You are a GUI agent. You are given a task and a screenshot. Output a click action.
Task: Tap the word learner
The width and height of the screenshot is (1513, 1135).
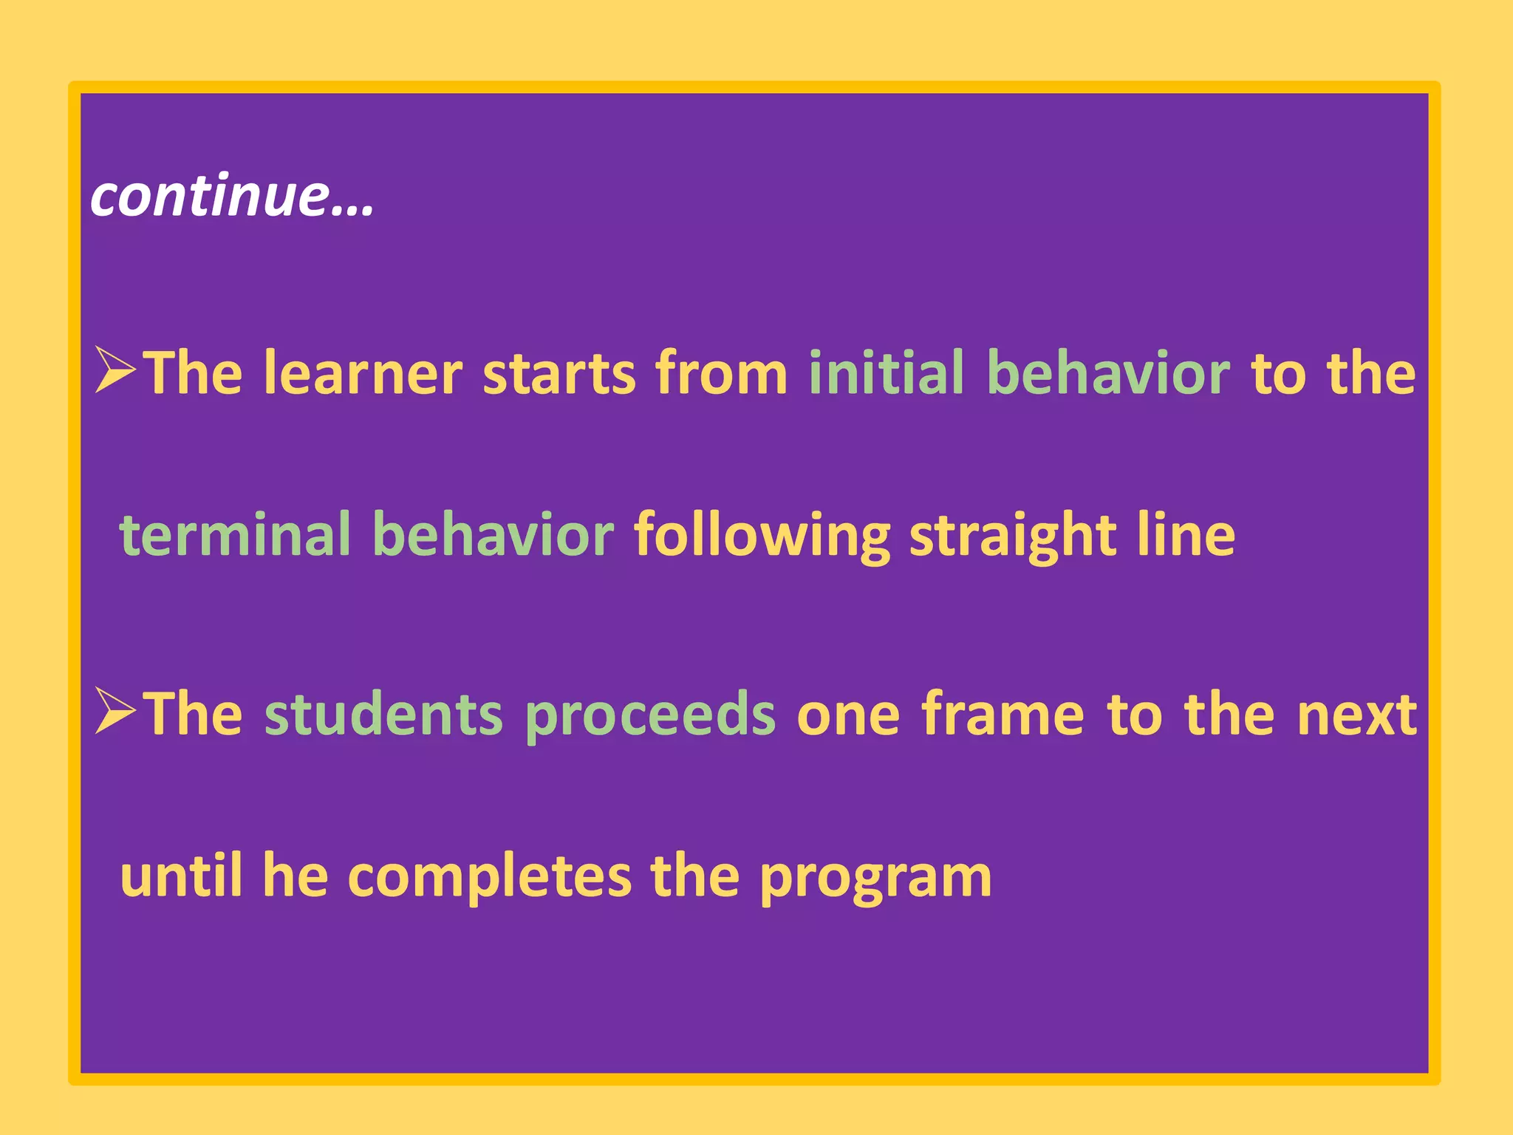tap(363, 373)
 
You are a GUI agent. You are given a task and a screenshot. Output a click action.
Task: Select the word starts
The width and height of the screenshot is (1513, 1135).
tap(559, 373)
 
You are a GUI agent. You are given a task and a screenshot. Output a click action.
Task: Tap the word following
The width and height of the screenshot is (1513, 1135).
tap(762, 535)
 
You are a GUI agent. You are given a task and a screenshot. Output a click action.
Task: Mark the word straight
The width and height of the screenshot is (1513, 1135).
tap(1012, 535)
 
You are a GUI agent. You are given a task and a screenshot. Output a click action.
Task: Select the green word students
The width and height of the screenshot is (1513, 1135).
tap(383, 714)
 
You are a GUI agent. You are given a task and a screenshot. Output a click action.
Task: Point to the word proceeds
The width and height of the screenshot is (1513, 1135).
tap(650, 715)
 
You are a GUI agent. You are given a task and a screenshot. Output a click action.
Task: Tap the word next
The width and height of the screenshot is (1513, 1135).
tap(1356, 715)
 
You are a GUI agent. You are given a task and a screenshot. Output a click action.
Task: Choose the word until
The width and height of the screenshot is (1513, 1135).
tap(181, 875)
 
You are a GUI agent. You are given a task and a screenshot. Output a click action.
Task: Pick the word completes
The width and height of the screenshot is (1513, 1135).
tap(489, 876)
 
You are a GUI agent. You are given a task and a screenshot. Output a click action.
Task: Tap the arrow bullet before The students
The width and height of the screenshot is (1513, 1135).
tap(116, 711)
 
